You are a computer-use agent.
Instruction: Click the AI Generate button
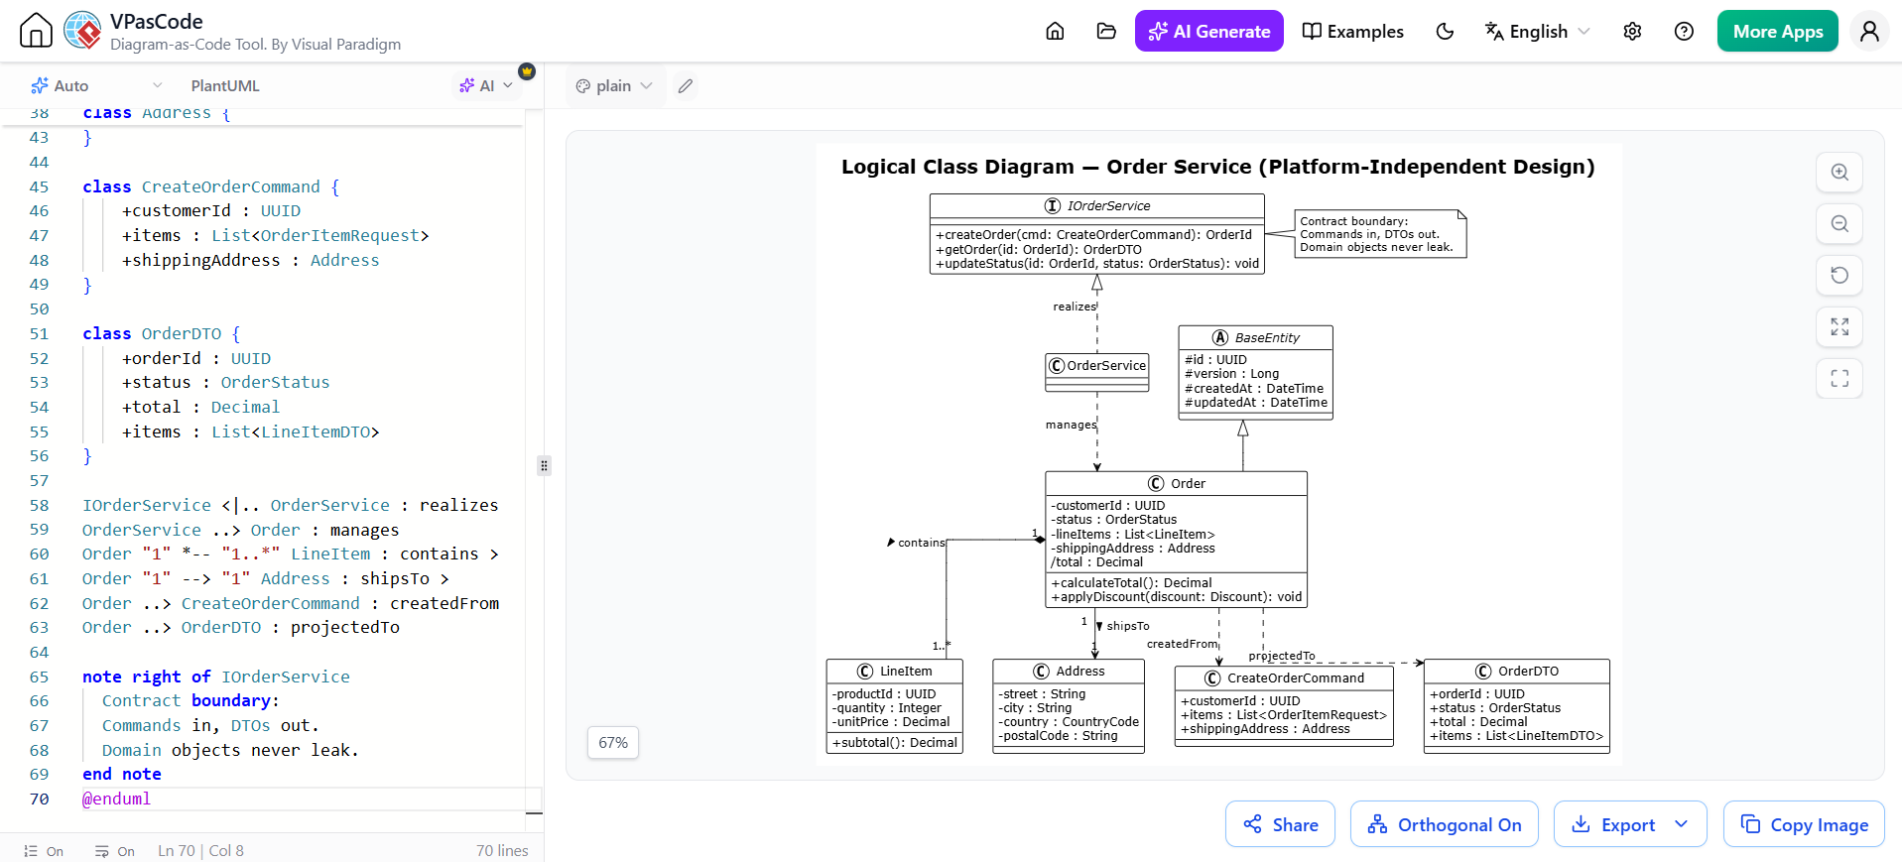click(x=1208, y=31)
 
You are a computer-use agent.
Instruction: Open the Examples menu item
click(x=1352, y=31)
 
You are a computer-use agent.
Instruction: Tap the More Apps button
click(x=1777, y=31)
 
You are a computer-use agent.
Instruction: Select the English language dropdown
click(x=1537, y=31)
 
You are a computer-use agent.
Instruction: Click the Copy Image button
click(x=1804, y=824)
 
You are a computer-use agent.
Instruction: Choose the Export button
click(x=1630, y=824)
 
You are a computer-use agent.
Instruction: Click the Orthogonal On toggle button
click(x=1444, y=824)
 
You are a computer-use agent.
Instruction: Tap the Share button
click(x=1280, y=824)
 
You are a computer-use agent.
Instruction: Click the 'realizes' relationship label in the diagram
click(x=1075, y=307)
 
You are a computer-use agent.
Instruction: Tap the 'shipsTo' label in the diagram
click(x=1128, y=626)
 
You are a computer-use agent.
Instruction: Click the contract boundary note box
click(x=1380, y=234)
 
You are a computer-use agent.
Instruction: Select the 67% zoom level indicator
click(x=613, y=743)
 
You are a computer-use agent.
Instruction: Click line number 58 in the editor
click(x=39, y=505)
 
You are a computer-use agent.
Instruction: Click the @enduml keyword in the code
click(x=116, y=799)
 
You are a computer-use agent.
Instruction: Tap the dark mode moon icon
click(x=1445, y=31)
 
